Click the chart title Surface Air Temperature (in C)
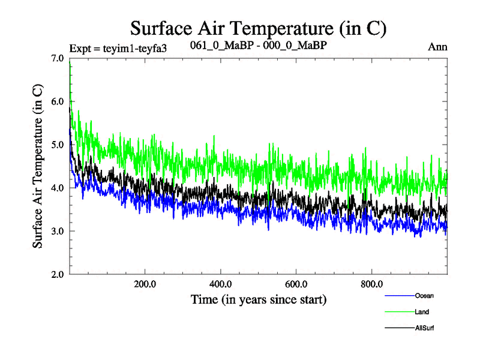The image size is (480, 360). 258,28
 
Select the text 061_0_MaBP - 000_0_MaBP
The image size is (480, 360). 258,46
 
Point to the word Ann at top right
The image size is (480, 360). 437,47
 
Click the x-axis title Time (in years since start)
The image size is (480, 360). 259,299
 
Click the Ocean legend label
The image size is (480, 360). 424,296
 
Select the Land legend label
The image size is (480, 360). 422,312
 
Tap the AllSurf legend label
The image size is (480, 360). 425,328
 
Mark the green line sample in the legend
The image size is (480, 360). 398,312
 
